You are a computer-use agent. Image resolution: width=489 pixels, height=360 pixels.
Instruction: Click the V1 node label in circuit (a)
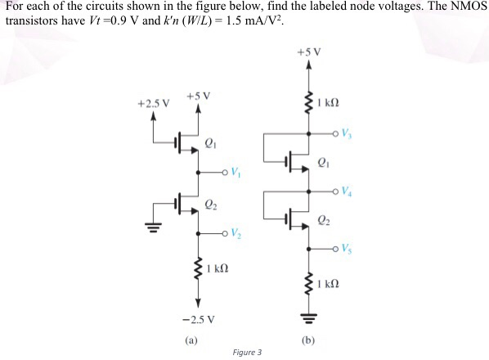[236, 173]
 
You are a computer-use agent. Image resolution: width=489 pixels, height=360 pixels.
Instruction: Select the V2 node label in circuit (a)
[236, 236]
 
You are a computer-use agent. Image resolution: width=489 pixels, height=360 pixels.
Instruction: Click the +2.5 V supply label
[153, 104]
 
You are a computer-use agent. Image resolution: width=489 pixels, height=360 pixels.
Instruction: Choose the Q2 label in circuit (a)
[211, 206]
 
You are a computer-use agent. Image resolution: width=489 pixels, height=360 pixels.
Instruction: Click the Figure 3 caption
[247, 353]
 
